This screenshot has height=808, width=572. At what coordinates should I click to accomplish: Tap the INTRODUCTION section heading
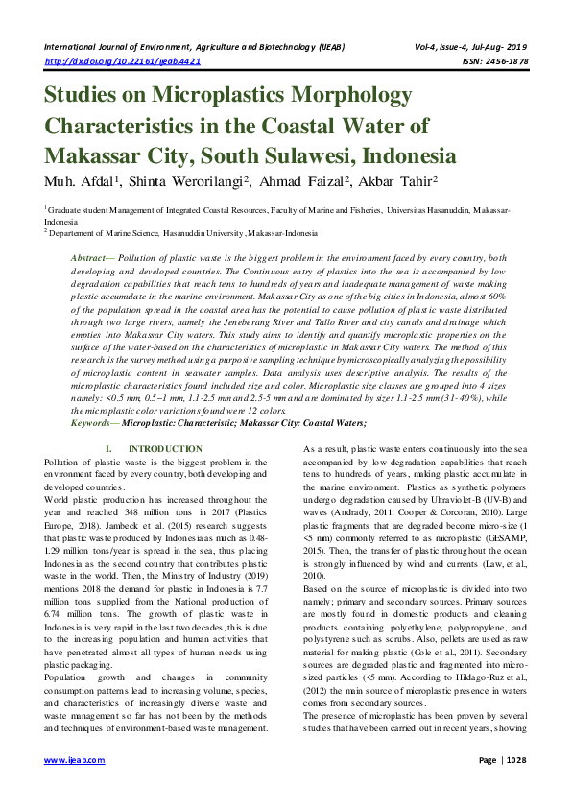point(165,449)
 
